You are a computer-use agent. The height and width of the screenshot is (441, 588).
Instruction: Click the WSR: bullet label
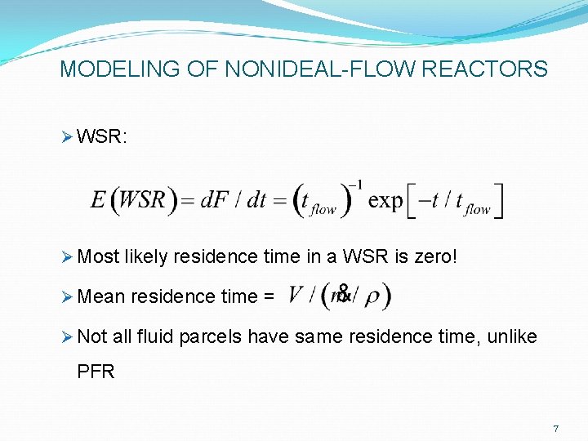coord(101,137)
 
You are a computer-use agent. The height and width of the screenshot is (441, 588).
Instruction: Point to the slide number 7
coord(555,429)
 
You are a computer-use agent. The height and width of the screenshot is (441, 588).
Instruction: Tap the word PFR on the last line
coord(96,372)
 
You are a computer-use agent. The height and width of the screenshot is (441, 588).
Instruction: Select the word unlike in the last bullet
coord(512,336)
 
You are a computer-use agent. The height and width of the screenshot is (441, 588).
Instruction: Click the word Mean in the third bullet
coord(101,296)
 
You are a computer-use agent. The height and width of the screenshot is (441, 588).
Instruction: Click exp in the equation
coord(385,200)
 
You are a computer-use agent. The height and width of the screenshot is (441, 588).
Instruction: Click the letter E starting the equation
coord(99,200)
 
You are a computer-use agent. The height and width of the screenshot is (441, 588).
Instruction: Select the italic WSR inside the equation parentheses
coord(145,200)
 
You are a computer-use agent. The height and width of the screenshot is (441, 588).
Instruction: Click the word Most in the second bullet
coord(100,257)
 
